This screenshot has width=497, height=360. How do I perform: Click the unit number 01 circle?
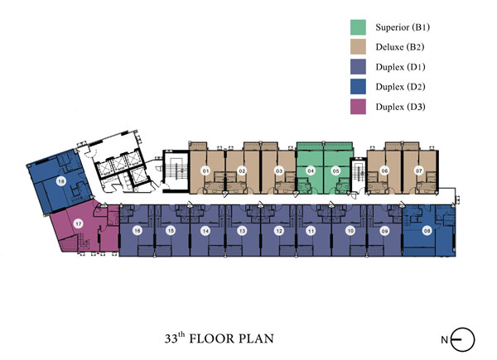click(206, 171)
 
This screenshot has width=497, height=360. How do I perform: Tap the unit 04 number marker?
click(311, 171)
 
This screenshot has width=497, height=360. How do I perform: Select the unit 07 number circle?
click(419, 171)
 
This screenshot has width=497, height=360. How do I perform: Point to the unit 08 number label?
click(427, 231)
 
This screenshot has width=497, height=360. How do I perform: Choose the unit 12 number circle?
click(279, 231)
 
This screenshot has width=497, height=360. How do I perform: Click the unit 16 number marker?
click(138, 231)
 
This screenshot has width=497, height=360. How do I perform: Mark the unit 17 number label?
click(79, 224)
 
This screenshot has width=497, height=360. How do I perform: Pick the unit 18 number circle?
click(60, 181)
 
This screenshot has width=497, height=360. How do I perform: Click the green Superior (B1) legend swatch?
click(358, 27)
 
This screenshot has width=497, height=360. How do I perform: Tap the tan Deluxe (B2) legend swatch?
click(358, 47)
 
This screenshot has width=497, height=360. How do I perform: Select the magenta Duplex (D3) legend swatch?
click(358, 107)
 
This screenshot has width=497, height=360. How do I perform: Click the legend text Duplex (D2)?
click(400, 87)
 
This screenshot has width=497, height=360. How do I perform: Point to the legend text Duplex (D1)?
click(400, 67)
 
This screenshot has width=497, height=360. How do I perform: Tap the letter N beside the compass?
click(444, 340)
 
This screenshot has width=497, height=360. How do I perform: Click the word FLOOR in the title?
click(211, 338)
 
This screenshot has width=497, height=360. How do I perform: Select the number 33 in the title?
click(171, 339)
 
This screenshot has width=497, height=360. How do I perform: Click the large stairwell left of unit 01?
click(176, 171)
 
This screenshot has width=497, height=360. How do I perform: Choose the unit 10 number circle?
click(350, 231)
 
